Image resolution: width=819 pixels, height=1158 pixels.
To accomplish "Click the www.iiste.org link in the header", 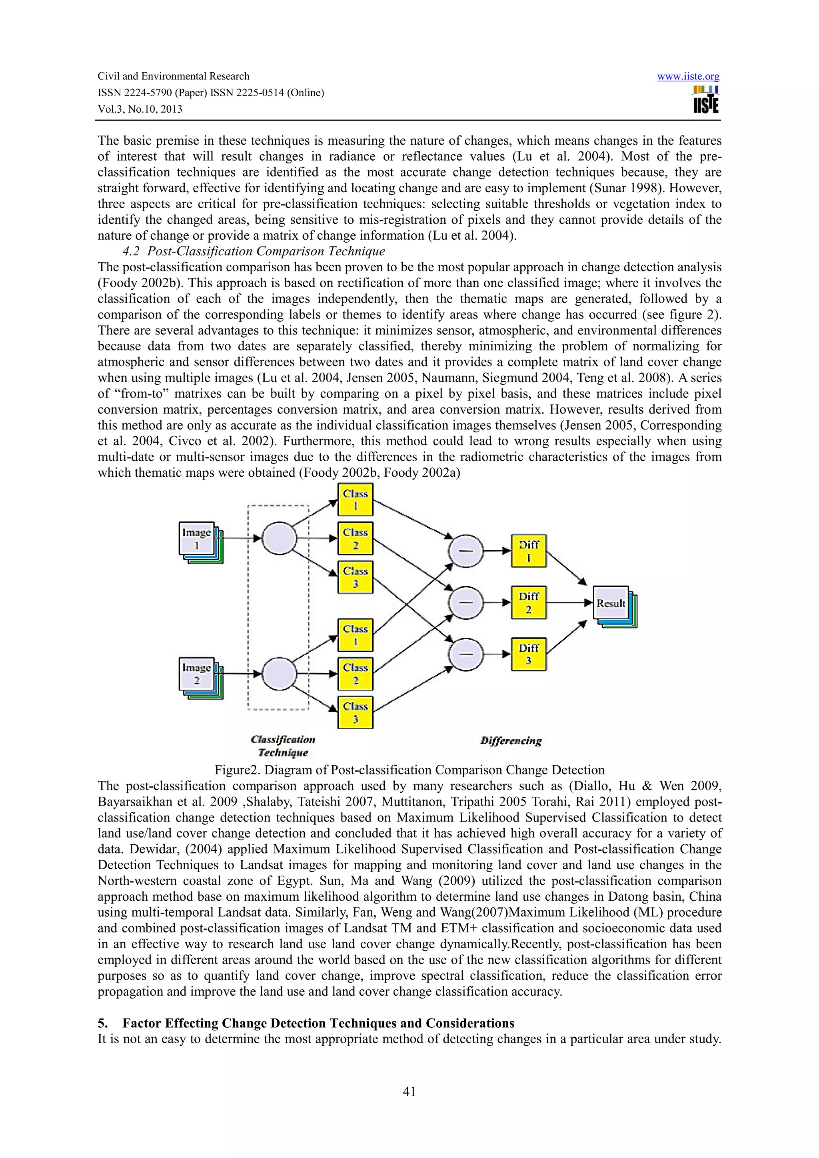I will (x=688, y=77).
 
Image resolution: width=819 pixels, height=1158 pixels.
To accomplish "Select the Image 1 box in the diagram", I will (x=197, y=539).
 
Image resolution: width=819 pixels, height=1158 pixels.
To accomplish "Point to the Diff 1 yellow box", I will (x=528, y=551).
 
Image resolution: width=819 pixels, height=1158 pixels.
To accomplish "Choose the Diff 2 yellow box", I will (x=528, y=602).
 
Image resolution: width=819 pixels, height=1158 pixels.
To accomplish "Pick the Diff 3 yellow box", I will (x=528, y=654).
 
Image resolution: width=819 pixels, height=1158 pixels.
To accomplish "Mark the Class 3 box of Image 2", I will (x=355, y=712).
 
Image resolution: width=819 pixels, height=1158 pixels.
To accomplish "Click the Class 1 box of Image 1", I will (x=355, y=499).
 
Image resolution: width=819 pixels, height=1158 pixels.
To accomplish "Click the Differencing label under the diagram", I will (x=511, y=741).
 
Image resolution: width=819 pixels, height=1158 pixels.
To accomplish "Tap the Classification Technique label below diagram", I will (x=283, y=746).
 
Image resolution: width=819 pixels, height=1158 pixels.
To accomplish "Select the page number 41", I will (x=409, y=1091).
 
